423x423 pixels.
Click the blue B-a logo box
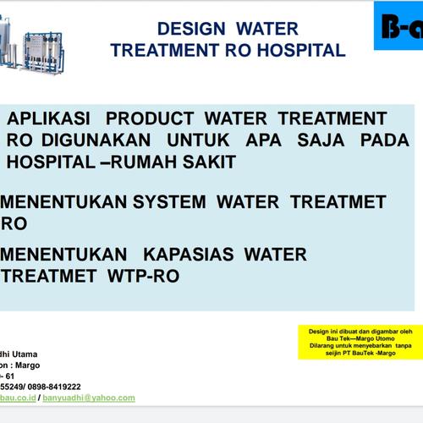(398, 25)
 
